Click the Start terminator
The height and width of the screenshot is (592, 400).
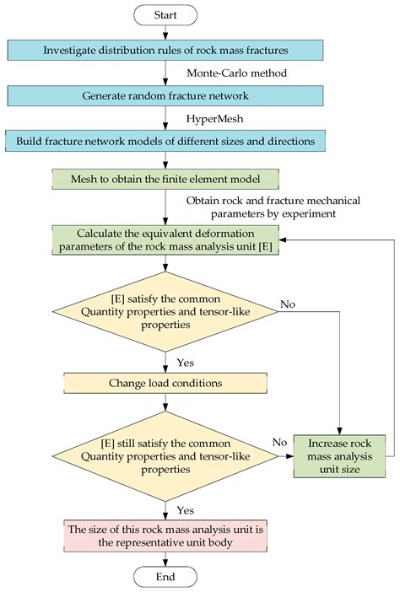(165, 15)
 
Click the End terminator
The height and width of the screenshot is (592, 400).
(165, 576)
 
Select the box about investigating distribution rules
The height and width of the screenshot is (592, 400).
(165, 50)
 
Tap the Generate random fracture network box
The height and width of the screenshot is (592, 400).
(165, 95)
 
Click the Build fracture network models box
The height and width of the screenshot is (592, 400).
(165, 141)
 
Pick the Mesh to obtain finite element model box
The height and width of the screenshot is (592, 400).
(165, 179)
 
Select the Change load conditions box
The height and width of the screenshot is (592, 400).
(165, 383)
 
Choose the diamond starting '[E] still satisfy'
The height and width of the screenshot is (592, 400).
(165, 457)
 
